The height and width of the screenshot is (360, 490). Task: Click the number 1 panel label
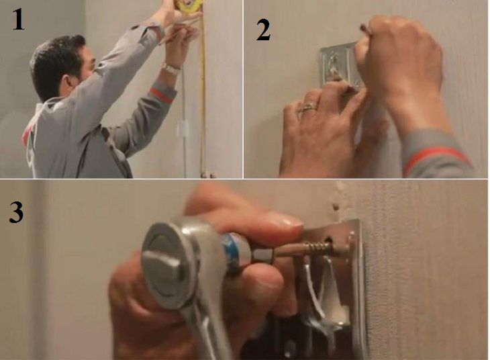18,20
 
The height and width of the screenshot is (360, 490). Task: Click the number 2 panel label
263,31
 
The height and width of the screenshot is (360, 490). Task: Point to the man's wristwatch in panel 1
172,69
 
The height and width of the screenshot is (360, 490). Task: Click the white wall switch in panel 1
181,129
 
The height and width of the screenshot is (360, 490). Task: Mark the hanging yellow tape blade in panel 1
202,101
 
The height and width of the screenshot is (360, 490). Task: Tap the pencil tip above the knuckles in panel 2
362,28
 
